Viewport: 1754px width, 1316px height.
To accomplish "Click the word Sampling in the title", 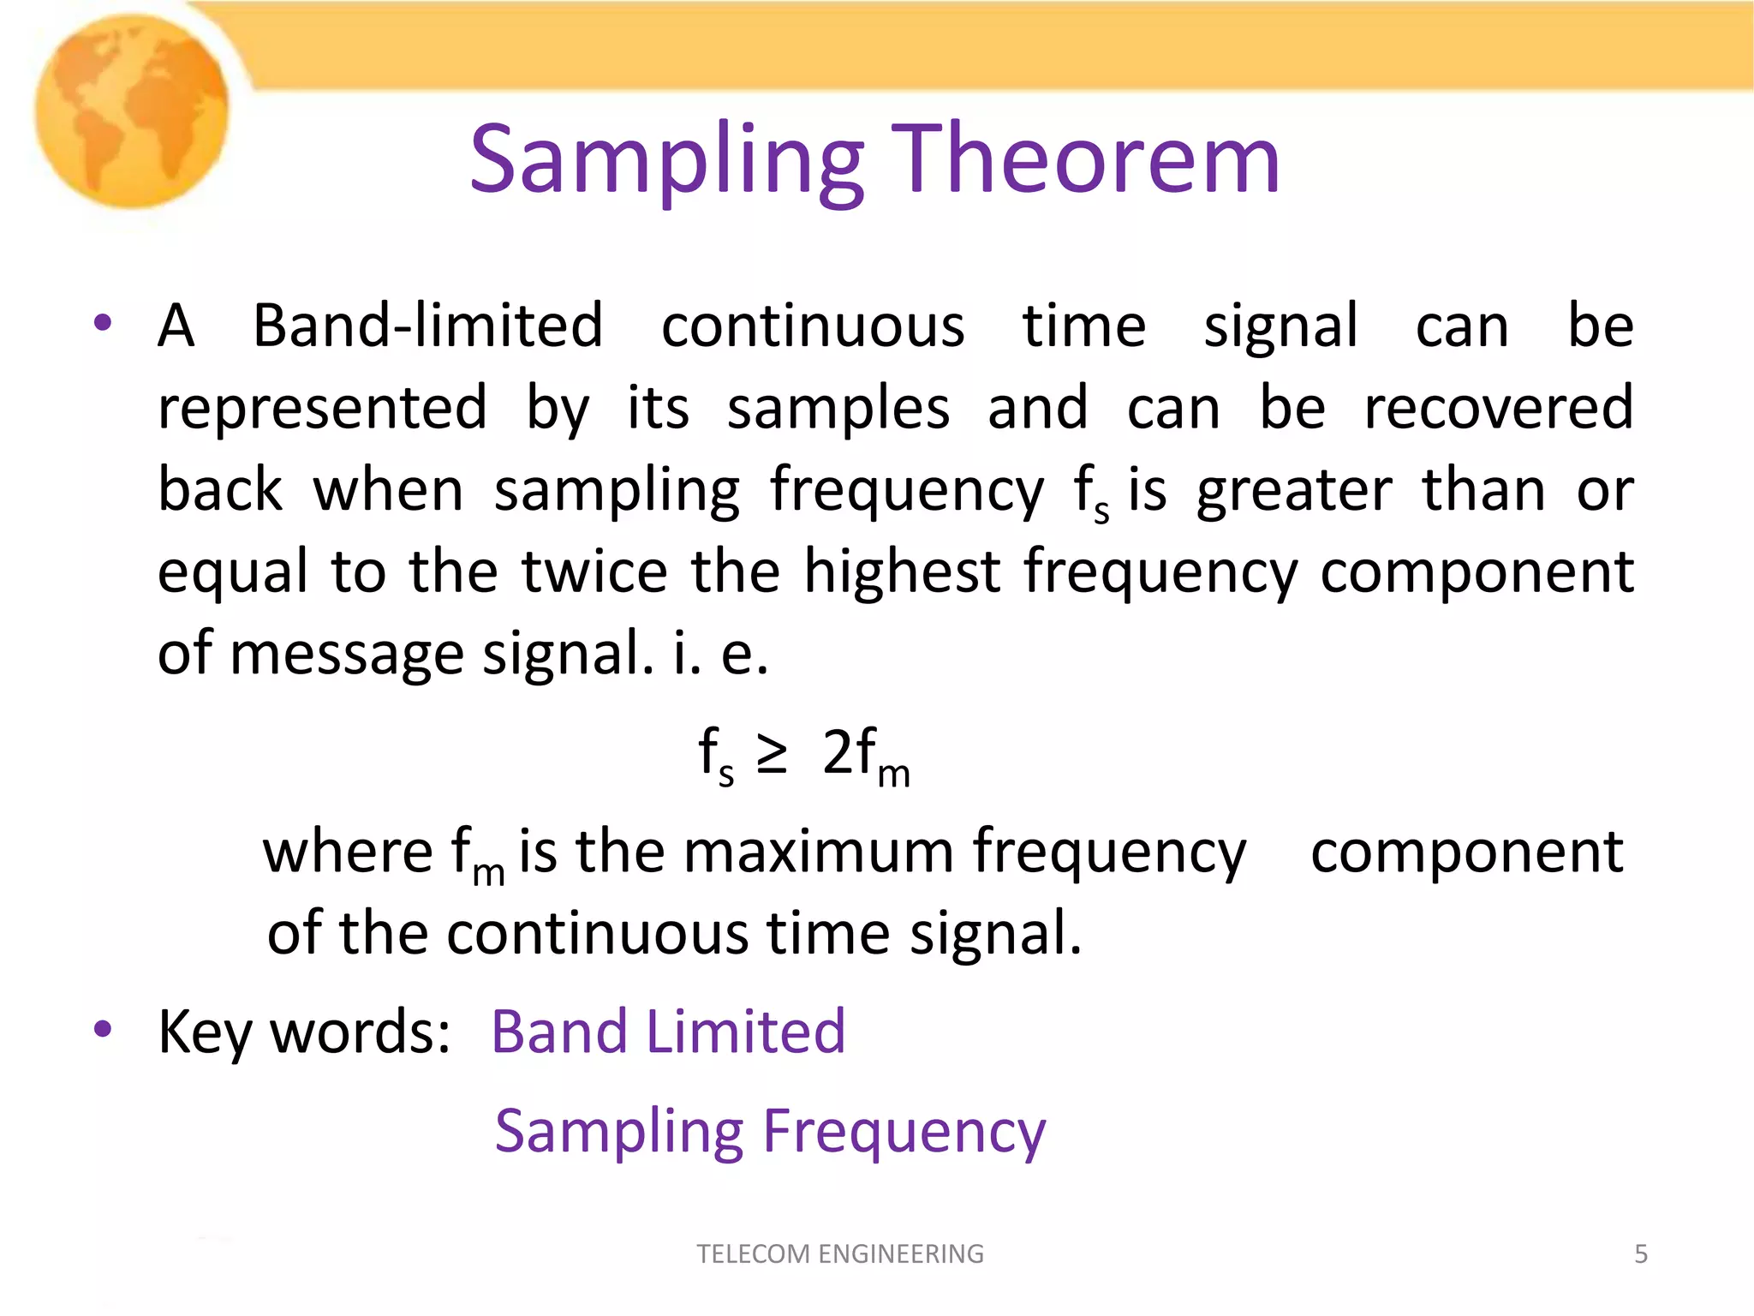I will (666, 161).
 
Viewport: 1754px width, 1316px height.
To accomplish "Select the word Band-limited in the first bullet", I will (427, 326).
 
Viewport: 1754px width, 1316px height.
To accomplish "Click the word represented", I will (323, 409).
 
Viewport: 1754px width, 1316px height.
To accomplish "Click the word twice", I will (594, 572).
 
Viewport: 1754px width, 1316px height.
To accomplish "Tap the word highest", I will (902, 572).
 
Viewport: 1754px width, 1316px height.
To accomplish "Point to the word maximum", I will (817, 852).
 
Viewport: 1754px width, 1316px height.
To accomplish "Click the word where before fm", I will (348, 852).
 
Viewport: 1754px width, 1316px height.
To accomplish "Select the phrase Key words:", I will (304, 1032).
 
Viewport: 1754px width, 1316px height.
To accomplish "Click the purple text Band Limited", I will (668, 1032).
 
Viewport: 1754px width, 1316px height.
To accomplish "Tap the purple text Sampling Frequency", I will (770, 1133).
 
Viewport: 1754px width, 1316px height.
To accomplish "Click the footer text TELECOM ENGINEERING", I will (840, 1254).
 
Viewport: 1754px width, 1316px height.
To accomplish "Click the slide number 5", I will (1641, 1254).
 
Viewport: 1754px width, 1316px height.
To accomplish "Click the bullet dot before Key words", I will (104, 1028).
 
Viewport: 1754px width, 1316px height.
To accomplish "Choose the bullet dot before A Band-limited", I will (104, 324).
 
